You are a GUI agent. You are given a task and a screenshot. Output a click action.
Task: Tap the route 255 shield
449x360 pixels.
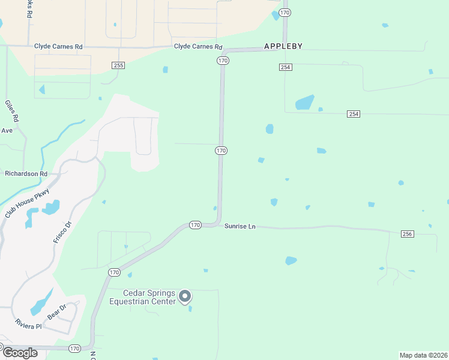pos(118,65)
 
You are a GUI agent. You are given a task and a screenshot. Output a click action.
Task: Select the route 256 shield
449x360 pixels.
pos(407,233)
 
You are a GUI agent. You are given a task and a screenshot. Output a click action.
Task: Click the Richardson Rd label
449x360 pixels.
pos(26,173)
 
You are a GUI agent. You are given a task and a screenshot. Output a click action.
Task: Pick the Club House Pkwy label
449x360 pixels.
pos(28,204)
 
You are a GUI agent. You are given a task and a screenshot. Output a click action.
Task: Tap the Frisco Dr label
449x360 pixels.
pos(62,232)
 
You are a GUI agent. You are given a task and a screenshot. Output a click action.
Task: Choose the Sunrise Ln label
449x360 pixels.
pos(240,226)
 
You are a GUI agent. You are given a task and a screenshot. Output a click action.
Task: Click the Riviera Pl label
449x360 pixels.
pos(29,326)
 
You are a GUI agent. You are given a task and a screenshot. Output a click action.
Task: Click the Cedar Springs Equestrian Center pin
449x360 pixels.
pos(185,296)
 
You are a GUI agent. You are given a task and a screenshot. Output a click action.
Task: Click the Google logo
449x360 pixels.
pos(20,353)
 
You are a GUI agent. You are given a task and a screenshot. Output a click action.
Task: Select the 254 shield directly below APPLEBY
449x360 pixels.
pos(285,67)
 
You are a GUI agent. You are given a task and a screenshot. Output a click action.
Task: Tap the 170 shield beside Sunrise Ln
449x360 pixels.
pos(195,225)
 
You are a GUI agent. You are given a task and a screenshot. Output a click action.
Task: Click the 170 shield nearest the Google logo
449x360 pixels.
pos(74,348)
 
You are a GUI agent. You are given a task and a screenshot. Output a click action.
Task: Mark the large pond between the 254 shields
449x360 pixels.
pos(305,102)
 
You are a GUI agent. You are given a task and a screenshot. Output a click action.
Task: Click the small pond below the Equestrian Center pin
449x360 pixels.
pos(190,308)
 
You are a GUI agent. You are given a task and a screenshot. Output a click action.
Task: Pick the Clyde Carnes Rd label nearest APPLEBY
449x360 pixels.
pos(198,47)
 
